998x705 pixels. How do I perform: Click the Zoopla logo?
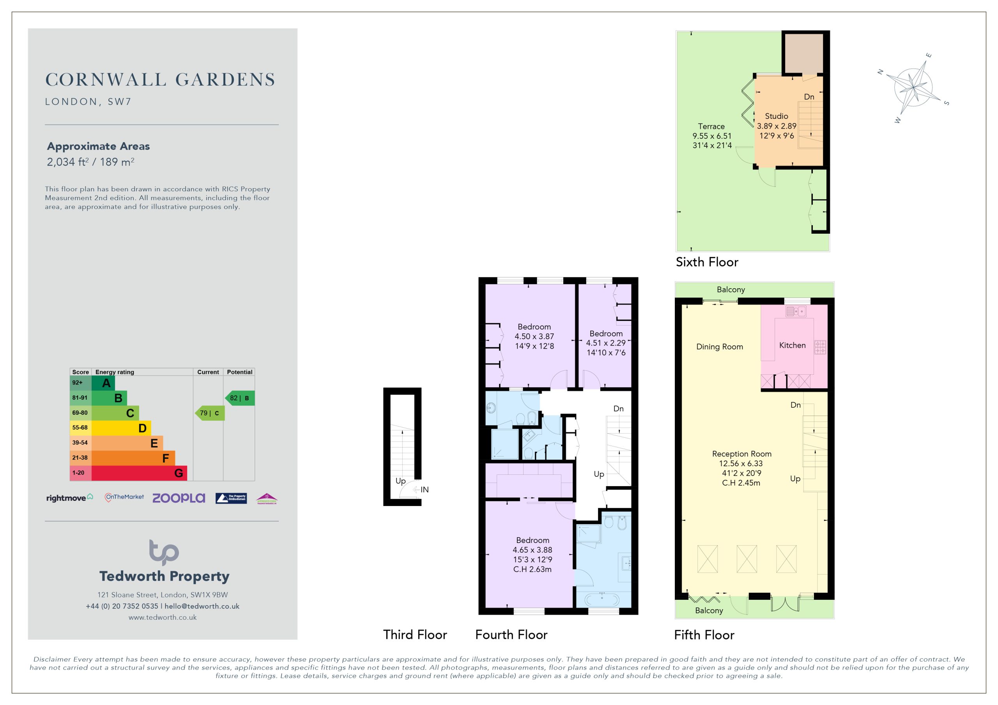coord(178,498)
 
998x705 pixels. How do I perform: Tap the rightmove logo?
coord(69,498)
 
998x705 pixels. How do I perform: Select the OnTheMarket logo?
coord(124,497)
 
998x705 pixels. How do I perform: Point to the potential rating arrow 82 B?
coord(239,398)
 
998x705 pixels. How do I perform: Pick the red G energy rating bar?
coord(139,473)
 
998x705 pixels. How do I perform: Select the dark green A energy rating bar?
coord(103,383)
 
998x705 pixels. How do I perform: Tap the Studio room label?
coord(776,116)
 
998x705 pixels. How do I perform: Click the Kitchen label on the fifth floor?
coord(792,345)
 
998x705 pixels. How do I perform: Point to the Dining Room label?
coord(719,347)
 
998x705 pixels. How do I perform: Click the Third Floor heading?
coord(415,634)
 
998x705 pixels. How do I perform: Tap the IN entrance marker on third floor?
coord(425,490)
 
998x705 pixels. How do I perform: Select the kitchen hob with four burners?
coord(820,347)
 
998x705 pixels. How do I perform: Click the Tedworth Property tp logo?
coord(164,552)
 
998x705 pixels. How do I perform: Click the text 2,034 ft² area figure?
coord(67,162)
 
